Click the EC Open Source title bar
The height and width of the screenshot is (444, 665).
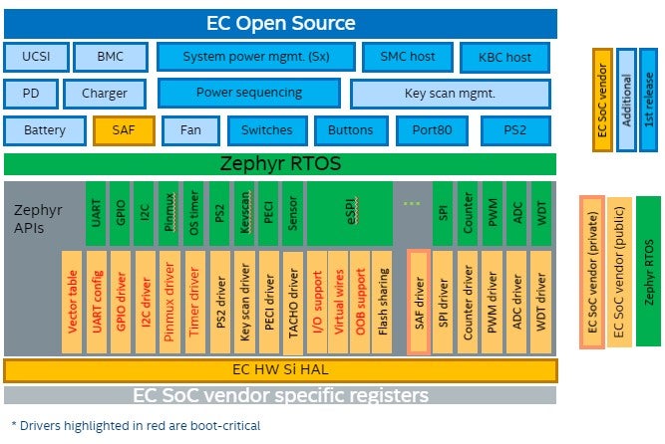(280, 23)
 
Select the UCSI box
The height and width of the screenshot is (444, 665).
(36, 58)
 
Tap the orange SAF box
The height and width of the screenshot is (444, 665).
(125, 130)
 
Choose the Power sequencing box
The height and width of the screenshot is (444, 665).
(248, 94)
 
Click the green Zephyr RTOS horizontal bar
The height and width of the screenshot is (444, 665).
(280, 164)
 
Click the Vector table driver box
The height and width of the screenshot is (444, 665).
(71, 301)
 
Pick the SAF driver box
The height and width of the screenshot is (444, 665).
(418, 301)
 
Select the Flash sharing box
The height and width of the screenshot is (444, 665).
(384, 301)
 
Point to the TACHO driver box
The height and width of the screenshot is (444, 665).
(293, 301)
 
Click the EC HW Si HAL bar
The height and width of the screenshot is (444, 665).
(280, 370)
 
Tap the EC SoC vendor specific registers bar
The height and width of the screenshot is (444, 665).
(280, 395)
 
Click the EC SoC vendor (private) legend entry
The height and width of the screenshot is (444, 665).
(591, 271)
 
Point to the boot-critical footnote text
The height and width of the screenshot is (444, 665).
(135, 425)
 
